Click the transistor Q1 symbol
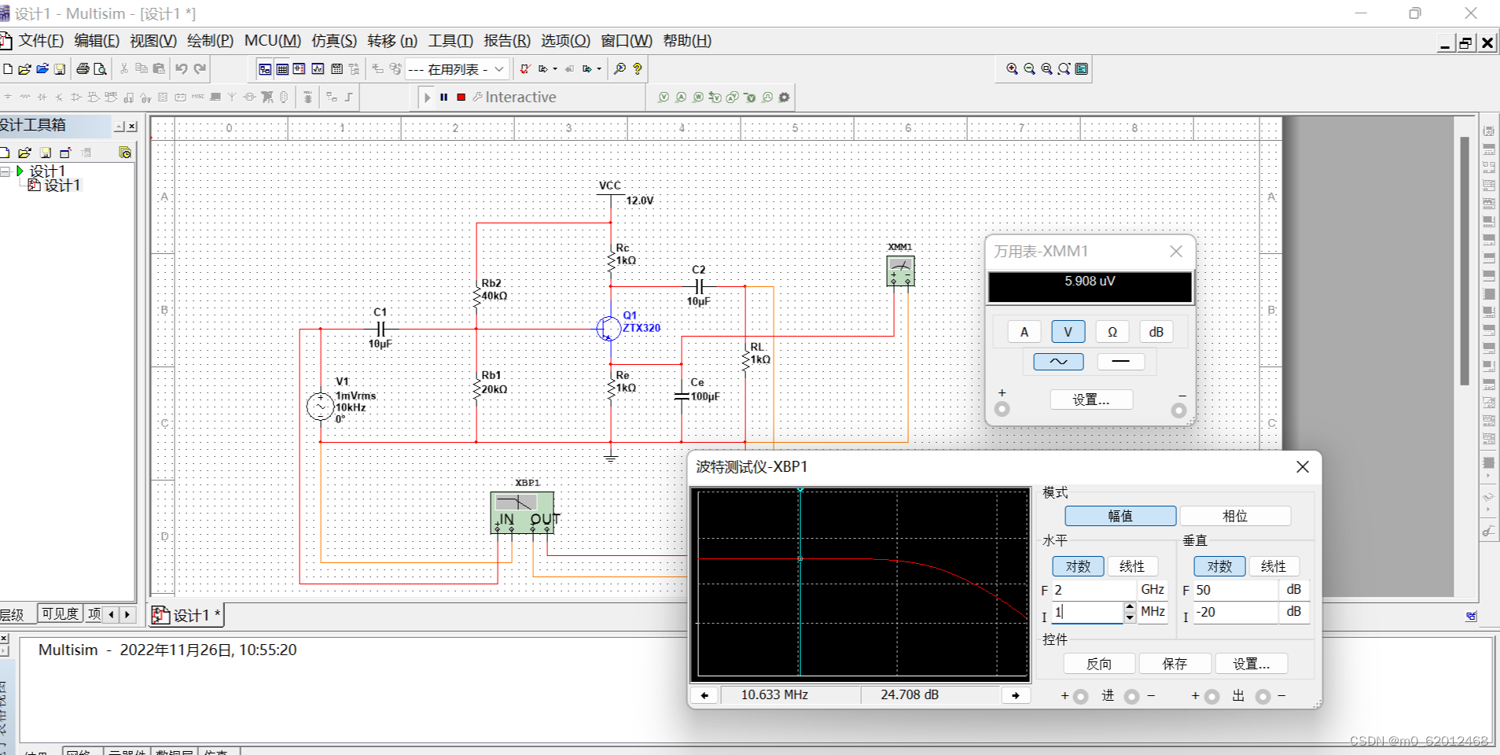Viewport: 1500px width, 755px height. [608, 328]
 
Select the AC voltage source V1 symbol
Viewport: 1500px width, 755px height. [320, 407]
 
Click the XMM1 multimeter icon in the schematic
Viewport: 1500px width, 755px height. [900, 271]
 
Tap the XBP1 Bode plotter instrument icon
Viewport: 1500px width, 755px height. [522, 512]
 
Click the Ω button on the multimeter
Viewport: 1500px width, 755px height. [1112, 332]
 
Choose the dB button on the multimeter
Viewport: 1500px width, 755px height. [1156, 332]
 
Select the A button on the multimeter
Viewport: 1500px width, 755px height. [1024, 332]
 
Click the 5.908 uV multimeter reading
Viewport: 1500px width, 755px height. [1090, 282]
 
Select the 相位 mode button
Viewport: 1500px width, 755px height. [1234, 516]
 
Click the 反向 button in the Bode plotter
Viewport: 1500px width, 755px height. [1098, 664]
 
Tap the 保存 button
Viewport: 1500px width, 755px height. [1175, 664]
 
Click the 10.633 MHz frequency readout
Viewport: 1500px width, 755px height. [774, 694]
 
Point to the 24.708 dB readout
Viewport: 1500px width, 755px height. [910, 694]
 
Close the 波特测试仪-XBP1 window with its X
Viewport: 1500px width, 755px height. [1302, 467]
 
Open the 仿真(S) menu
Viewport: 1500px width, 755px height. [334, 41]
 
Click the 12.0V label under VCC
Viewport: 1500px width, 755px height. [640, 201]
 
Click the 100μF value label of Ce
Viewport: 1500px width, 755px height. [705, 396]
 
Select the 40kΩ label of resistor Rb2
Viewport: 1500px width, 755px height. [494, 296]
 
